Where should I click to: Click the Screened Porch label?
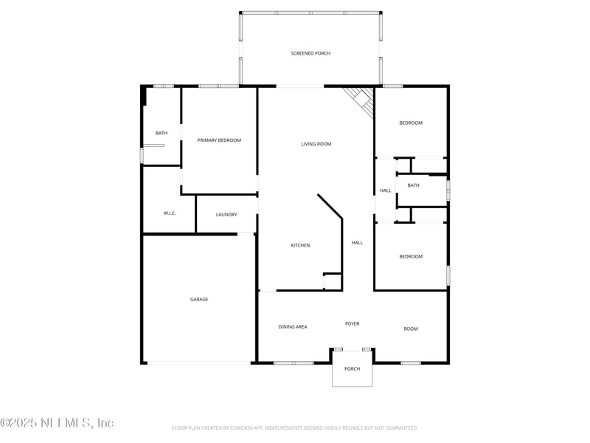tap(310, 53)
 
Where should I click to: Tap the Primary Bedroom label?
tap(219, 140)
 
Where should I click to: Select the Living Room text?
tap(316, 144)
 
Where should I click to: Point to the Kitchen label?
tap(300, 245)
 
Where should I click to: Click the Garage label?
tap(199, 299)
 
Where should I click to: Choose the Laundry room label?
tap(226, 214)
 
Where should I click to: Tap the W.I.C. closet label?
tap(170, 213)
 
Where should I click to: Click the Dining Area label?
tap(293, 326)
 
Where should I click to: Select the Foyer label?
tap(353, 323)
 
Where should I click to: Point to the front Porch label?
tap(353, 368)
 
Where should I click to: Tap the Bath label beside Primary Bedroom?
tap(162, 133)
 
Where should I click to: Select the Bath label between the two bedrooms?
tap(413, 185)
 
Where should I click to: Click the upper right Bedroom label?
tap(411, 123)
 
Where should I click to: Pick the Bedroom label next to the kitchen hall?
tap(411, 256)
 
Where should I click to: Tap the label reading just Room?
tap(411, 329)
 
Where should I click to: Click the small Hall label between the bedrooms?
tap(386, 190)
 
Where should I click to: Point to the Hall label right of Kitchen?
tap(357, 242)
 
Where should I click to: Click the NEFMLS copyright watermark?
tap(57, 423)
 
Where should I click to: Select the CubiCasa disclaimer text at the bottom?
tap(295, 427)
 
